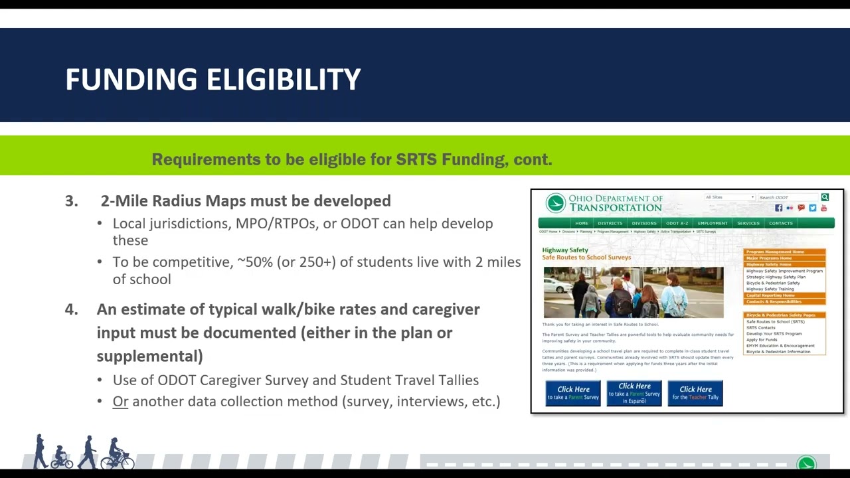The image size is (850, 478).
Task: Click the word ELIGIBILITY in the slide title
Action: (x=284, y=80)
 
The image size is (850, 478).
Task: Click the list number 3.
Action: (x=71, y=200)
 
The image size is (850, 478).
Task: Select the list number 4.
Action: (x=71, y=309)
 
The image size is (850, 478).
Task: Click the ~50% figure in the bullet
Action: (x=255, y=262)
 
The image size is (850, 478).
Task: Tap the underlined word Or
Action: (x=120, y=402)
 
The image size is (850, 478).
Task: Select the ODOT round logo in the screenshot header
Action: (x=555, y=203)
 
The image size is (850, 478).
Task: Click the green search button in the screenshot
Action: (x=825, y=197)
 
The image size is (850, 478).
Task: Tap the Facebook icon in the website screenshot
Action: (x=778, y=208)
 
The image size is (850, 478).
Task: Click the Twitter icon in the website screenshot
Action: (x=812, y=208)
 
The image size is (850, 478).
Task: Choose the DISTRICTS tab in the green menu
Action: (x=610, y=223)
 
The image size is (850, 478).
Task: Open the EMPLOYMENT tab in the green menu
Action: (x=713, y=223)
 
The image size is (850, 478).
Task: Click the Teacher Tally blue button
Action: (x=695, y=393)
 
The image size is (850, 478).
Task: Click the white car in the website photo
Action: (x=558, y=285)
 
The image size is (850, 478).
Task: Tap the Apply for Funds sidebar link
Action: (x=762, y=340)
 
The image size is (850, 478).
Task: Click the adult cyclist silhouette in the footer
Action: (x=116, y=453)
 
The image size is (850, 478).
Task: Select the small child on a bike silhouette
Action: (x=62, y=457)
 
